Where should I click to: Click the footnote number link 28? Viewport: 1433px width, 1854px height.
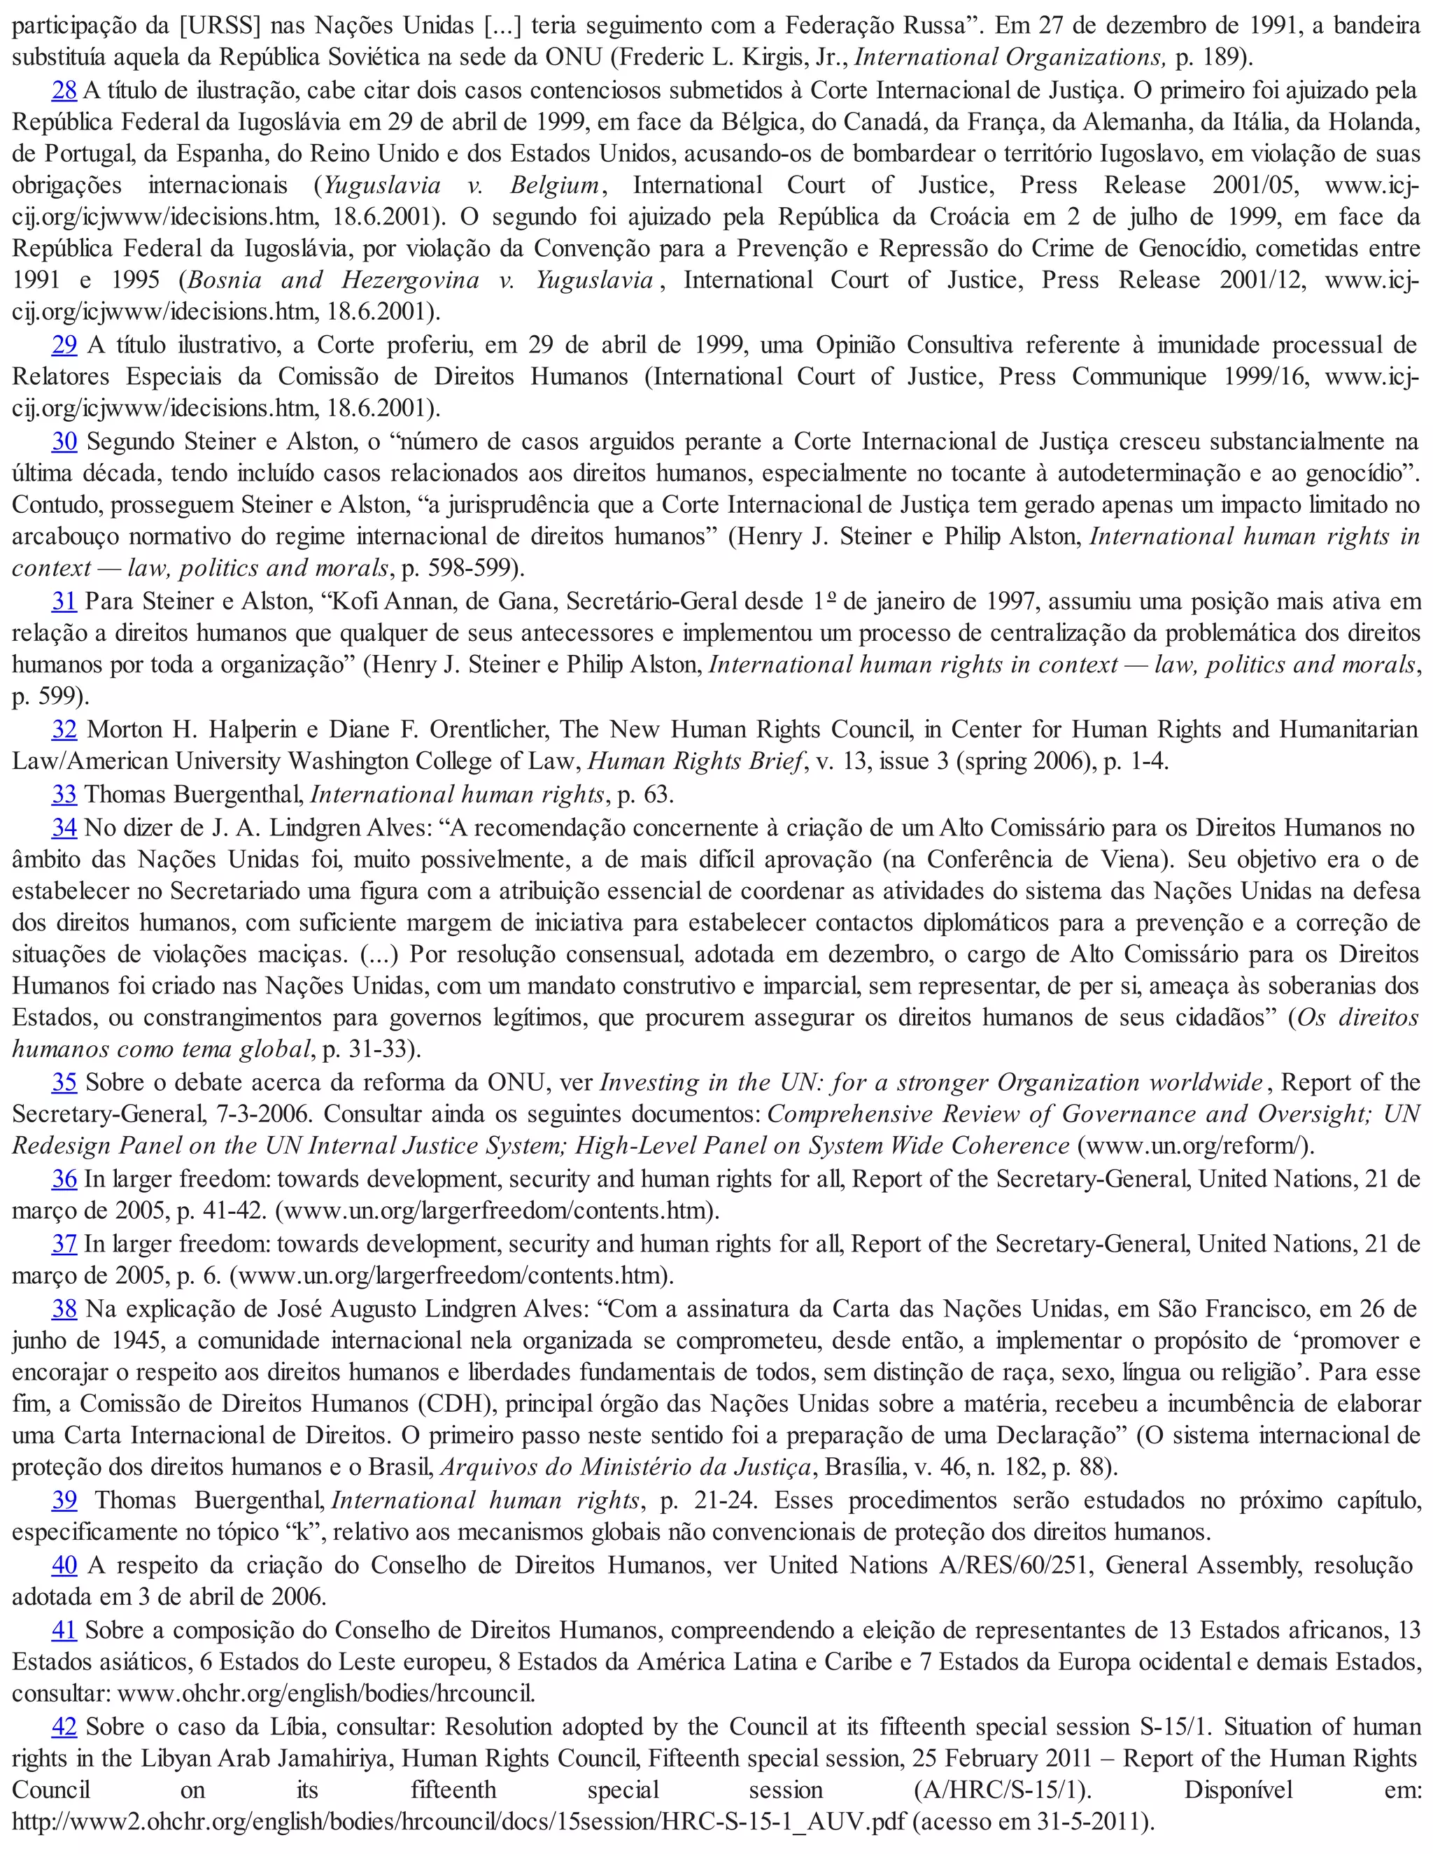[64, 90]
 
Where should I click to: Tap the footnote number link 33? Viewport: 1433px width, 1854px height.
[64, 795]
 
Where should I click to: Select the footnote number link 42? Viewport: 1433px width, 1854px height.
[64, 1726]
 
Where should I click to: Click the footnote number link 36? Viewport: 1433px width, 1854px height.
[64, 1179]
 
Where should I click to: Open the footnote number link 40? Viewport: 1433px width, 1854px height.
[64, 1564]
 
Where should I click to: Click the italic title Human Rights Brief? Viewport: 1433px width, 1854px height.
[694, 761]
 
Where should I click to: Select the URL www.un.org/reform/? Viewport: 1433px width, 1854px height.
[1193, 1146]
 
